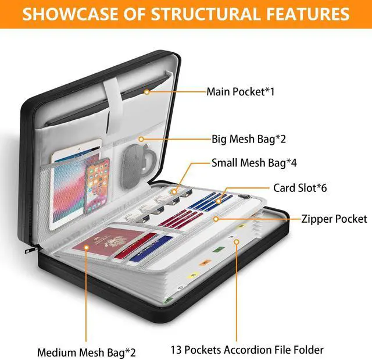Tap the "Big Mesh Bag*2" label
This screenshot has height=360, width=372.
(x=248, y=139)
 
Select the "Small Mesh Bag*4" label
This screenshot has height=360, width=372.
(x=254, y=163)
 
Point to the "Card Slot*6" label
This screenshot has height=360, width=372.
(x=300, y=188)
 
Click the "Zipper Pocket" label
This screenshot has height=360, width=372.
(x=334, y=219)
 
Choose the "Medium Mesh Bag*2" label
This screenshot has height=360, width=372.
(x=87, y=352)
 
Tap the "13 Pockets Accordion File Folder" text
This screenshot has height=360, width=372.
(x=247, y=350)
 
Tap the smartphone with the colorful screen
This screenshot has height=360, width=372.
(x=96, y=186)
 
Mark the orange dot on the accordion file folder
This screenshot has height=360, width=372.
(x=236, y=240)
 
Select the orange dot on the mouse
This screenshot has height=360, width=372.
(x=143, y=140)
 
